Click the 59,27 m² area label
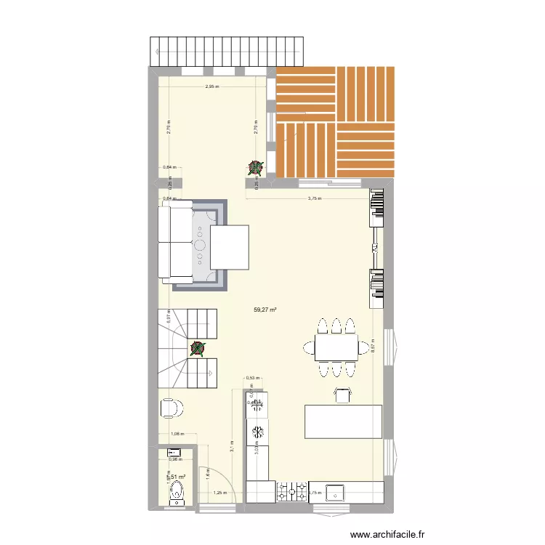(x=265, y=310)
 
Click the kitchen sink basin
(x=337, y=492)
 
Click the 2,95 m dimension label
(x=211, y=87)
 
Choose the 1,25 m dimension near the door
(x=219, y=493)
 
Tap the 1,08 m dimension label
(x=177, y=435)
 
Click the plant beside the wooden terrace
(x=254, y=168)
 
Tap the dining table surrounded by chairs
(x=336, y=347)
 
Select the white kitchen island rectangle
(x=344, y=421)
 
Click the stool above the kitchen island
(x=342, y=394)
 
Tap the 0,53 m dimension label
(x=251, y=378)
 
